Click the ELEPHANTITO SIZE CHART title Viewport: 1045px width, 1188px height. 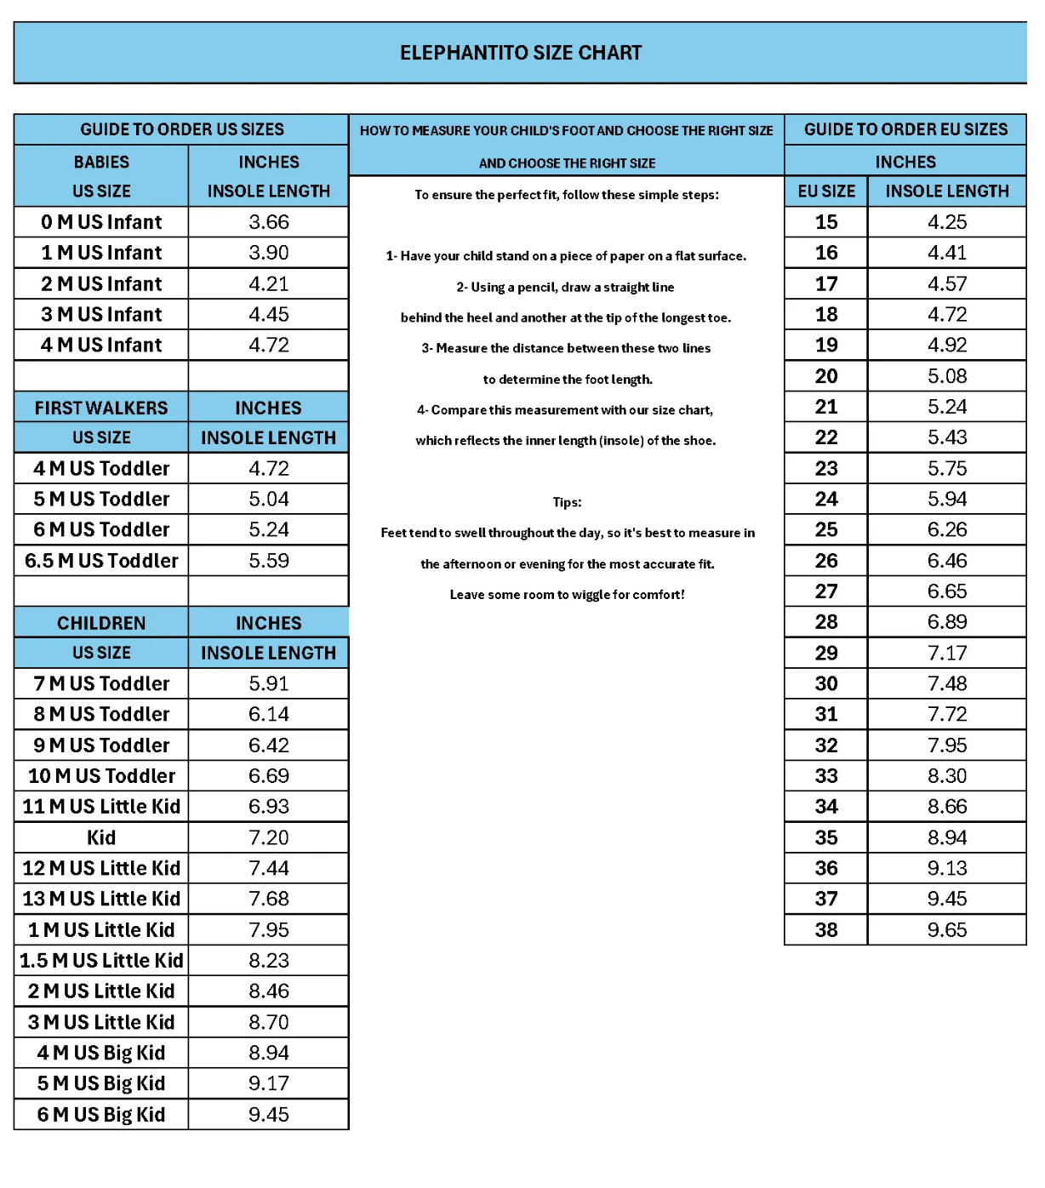(521, 53)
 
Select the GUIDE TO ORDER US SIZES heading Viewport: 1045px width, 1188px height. (182, 129)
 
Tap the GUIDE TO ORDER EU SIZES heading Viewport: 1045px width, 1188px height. (905, 129)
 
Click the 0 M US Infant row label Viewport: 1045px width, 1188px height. (101, 222)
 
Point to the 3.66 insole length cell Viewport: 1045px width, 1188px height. (269, 222)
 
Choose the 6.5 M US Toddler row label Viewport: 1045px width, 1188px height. (101, 561)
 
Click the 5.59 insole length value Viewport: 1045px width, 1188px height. (269, 561)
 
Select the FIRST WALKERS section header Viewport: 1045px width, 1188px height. (101, 408)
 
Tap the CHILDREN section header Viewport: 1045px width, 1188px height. (101, 623)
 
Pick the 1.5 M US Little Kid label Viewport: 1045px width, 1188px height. (101, 961)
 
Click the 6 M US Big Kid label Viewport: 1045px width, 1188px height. (101, 1115)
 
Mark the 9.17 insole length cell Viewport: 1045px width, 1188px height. (269, 1083)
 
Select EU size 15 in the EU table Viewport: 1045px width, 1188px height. (826, 222)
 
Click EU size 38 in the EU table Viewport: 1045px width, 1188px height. (826, 930)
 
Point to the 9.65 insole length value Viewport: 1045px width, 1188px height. (947, 930)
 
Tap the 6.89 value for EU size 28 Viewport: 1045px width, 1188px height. (947, 622)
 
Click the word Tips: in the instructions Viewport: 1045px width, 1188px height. (567, 502)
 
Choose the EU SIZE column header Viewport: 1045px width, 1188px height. (826, 191)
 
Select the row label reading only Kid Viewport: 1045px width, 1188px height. (101, 837)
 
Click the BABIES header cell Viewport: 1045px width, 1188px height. (101, 162)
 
